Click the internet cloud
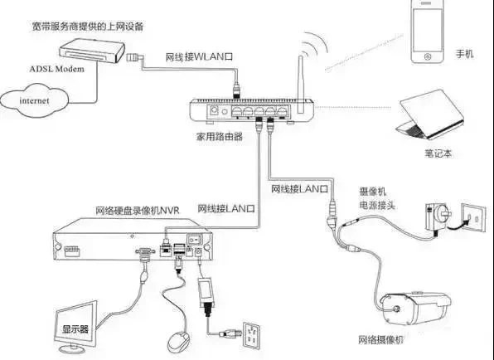[x=34, y=100]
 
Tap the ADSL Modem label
[x=56, y=69]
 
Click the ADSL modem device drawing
[x=92, y=51]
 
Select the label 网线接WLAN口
[x=199, y=57]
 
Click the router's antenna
[x=301, y=85]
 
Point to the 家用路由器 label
[x=220, y=137]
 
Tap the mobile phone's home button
[x=428, y=56]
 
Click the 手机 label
[x=464, y=54]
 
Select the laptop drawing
[x=430, y=114]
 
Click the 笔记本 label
[x=438, y=153]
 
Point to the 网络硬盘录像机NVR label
[x=138, y=211]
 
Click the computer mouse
[x=179, y=342]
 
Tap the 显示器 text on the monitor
[x=75, y=329]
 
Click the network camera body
[x=415, y=309]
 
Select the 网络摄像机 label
[x=380, y=340]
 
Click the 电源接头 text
[x=377, y=206]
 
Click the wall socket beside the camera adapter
[x=473, y=217]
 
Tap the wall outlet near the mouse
[x=252, y=335]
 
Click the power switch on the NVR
[x=195, y=240]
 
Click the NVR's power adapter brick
[x=206, y=292]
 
